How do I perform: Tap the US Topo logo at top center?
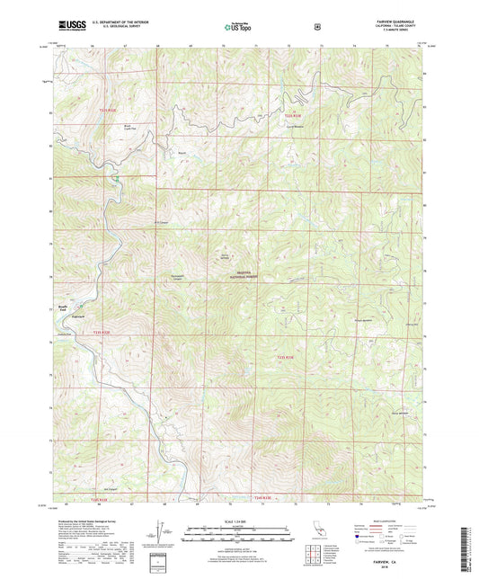coord(238,27)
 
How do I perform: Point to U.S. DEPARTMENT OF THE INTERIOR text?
coord(109,23)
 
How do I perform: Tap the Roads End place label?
coord(63,307)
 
